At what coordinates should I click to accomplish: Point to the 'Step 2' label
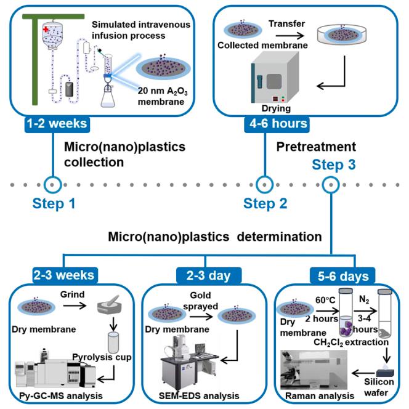(x=264, y=203)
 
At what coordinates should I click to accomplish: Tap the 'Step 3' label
(x=334, y=165)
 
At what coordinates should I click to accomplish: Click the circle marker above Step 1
(x=54, y=184)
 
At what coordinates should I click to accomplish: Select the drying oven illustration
(x=272, y=81)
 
